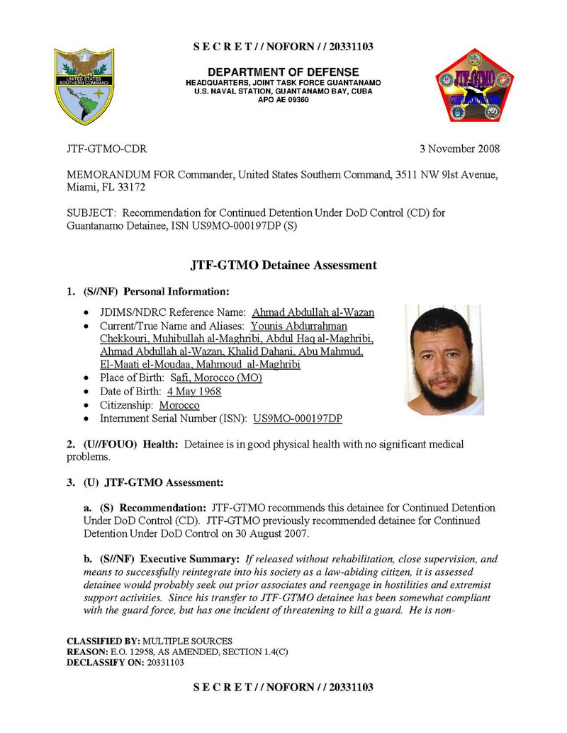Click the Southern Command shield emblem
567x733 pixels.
click(84, 86)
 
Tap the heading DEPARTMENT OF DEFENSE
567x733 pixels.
click(283, 72)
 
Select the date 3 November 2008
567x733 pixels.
click(459, 149)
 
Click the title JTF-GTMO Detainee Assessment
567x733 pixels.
click(283, 266)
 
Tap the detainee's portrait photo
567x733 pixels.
click(444, 360)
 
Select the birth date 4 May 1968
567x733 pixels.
click(194, 392)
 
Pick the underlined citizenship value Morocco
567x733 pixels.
click(179, 405)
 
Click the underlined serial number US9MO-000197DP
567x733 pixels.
click(298, 419)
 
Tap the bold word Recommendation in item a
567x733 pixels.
click(162, 508)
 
